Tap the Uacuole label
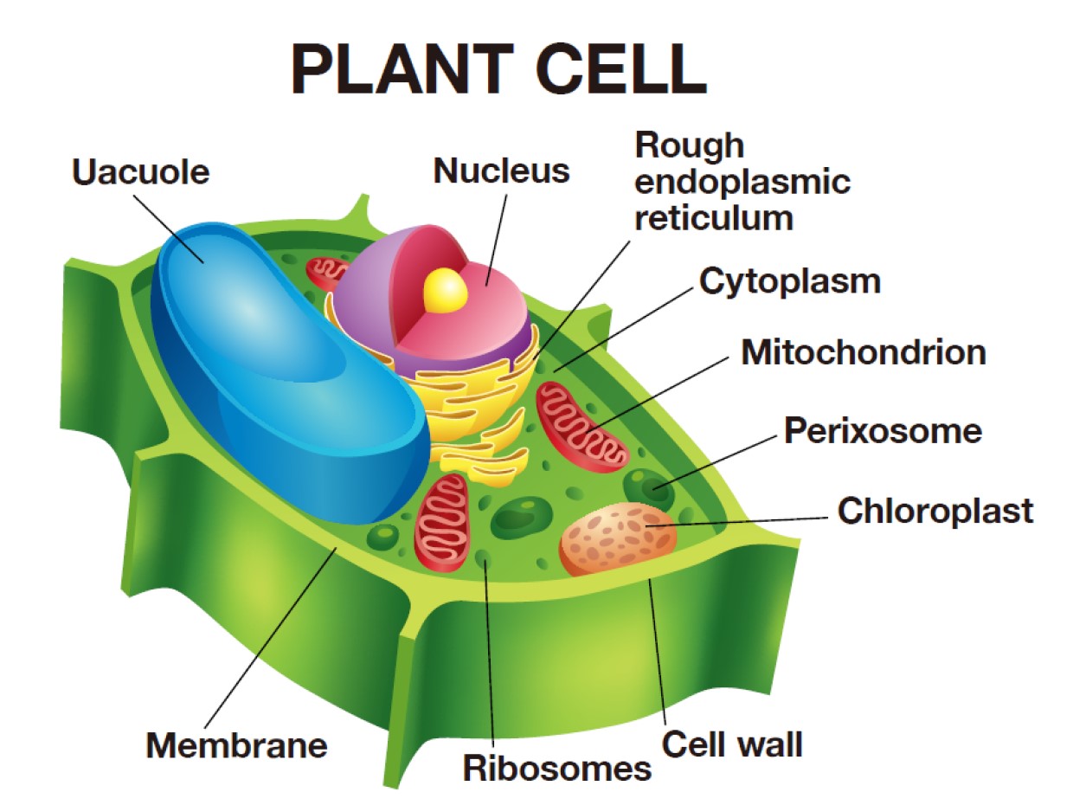[x=141, y=171]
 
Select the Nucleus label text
[x=502, y=170]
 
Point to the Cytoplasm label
[x=789, y=280]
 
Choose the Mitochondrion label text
[x=864, y=352]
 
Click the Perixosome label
[x=883, y=430]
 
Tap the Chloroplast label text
[x=935, y=510]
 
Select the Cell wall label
[x=733, y=743]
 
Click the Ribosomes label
[x=556, y=767]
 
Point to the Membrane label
[x=236, y=744]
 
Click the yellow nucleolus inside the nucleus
[x=446, y=289]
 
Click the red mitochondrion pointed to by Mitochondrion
[x=581, y=424]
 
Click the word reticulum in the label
[x=713, y=217]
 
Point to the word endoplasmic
[x=742, y=182]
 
